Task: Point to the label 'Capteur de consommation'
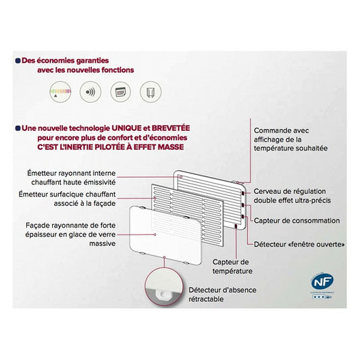coord(296,220)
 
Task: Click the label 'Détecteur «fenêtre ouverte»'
coord(299,243)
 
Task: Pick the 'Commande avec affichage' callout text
coord(290,138)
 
